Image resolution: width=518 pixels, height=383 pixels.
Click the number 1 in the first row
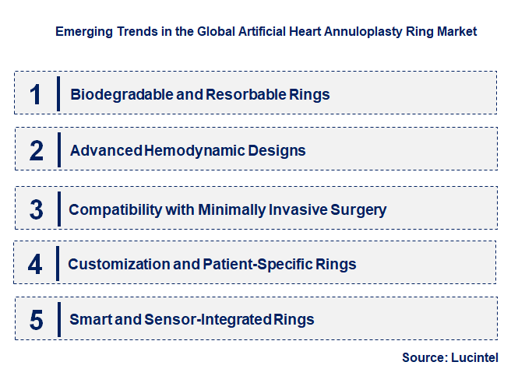point(35,94)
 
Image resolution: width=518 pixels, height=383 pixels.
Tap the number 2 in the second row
point(36,150)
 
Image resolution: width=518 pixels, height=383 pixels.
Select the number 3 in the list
point(36,209)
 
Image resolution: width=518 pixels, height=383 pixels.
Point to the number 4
point(35,264)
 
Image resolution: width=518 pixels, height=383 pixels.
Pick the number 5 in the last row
point(36,319)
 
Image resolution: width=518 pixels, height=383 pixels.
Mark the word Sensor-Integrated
point(206,319)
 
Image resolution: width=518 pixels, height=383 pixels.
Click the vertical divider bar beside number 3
point(59,209)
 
